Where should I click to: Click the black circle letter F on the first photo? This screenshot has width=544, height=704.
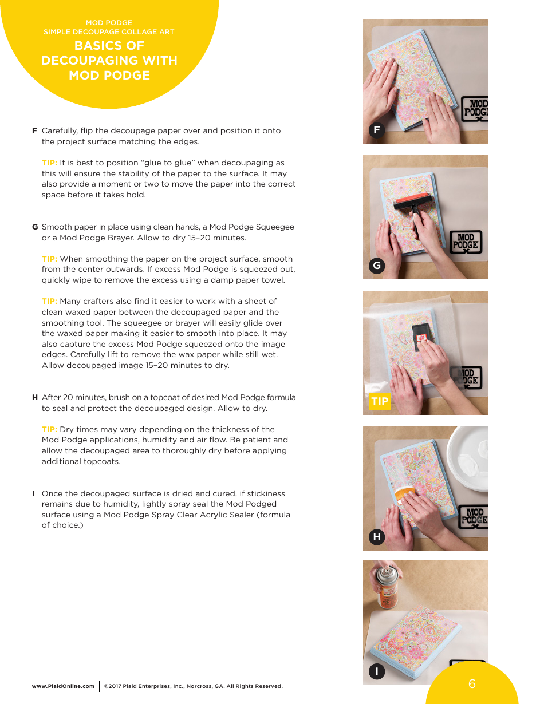point(376,130)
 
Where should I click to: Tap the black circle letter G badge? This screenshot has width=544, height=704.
point(376,266)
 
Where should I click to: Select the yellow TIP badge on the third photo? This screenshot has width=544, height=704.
point(380,401)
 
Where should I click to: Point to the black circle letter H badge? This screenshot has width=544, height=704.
point(376,537)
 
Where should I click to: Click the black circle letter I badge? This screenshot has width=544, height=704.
point(376,671)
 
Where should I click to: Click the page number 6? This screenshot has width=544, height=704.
point(472,683)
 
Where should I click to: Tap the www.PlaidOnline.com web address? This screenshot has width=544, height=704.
point(63,686)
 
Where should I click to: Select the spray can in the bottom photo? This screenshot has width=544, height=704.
point(388,587)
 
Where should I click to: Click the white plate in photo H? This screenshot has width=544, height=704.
point(468,458)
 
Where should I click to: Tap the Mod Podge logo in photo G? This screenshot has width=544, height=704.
point(466,242)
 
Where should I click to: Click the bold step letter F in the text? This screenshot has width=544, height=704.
point(34,130)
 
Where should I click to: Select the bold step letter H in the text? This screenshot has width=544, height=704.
point(35,398)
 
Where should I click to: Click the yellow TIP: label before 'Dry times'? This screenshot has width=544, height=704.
point(49,429)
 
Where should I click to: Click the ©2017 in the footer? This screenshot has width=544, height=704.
point(112,686)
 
